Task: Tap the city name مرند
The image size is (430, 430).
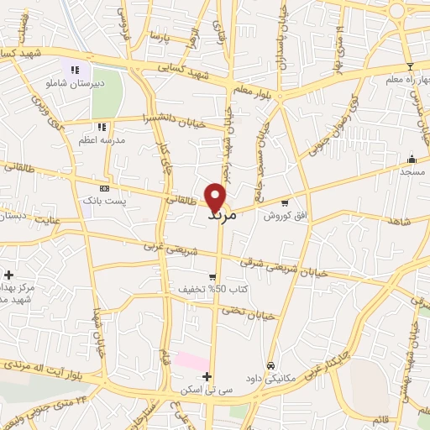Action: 222,216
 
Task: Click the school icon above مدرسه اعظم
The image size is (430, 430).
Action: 102,127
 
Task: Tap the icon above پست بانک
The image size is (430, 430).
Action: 104,188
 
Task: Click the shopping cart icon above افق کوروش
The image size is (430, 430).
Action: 285,202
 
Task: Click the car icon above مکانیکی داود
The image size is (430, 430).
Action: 270,365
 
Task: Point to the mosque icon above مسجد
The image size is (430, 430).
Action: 411,159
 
